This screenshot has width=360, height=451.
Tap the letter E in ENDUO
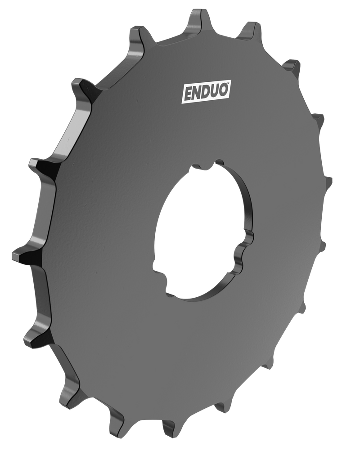[187, 94]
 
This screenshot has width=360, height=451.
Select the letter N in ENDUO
[197, 94]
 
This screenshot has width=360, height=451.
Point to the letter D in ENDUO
[207, 93]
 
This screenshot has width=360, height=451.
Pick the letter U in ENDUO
[216, 92]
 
